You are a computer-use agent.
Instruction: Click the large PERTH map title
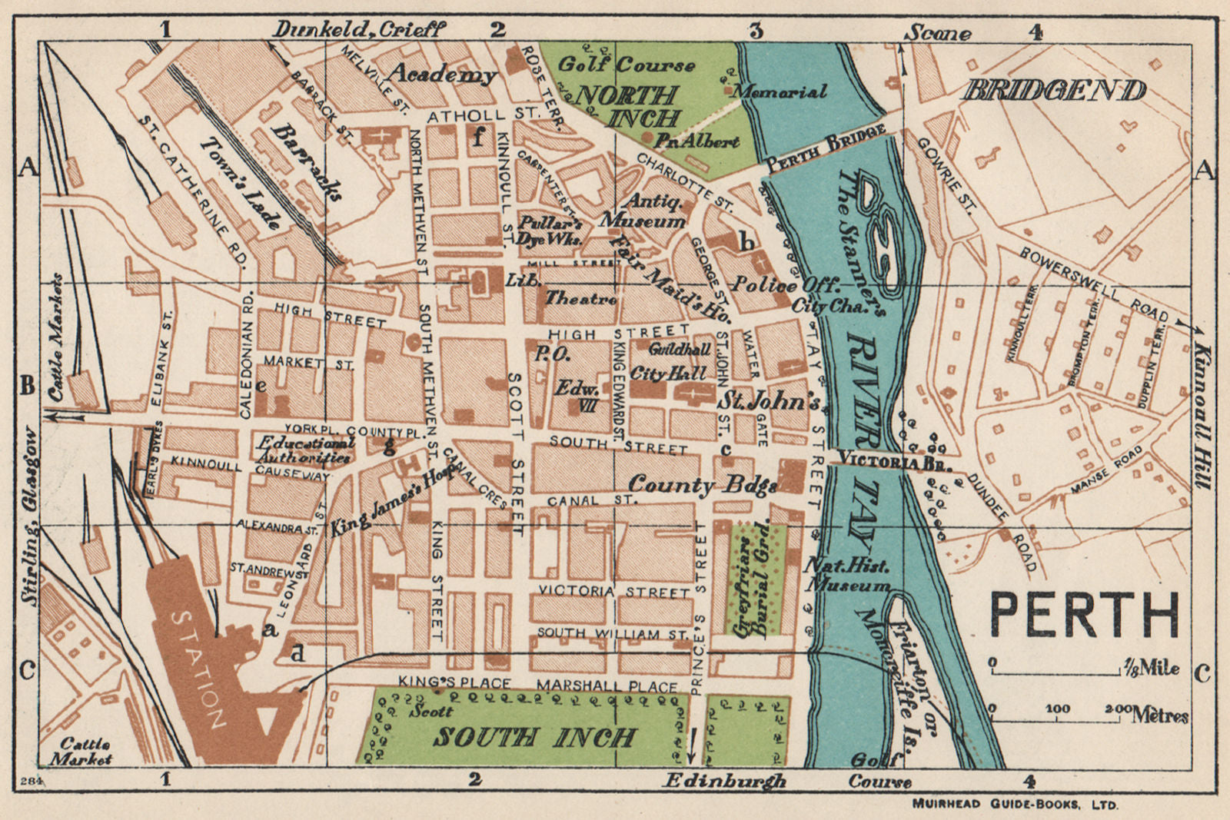point(1083,615)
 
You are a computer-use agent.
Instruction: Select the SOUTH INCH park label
point(534,738)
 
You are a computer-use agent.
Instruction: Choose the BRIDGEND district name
point(1054,91)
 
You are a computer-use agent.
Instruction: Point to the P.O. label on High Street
point(552,354)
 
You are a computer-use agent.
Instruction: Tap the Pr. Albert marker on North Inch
point(696,141)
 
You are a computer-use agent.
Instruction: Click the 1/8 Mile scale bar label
point(1151,667)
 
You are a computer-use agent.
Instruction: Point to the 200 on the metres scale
point(1119,708)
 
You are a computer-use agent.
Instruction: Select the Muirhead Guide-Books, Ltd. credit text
point(1015,805)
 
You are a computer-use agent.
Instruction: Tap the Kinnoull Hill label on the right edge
point(1203,415)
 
